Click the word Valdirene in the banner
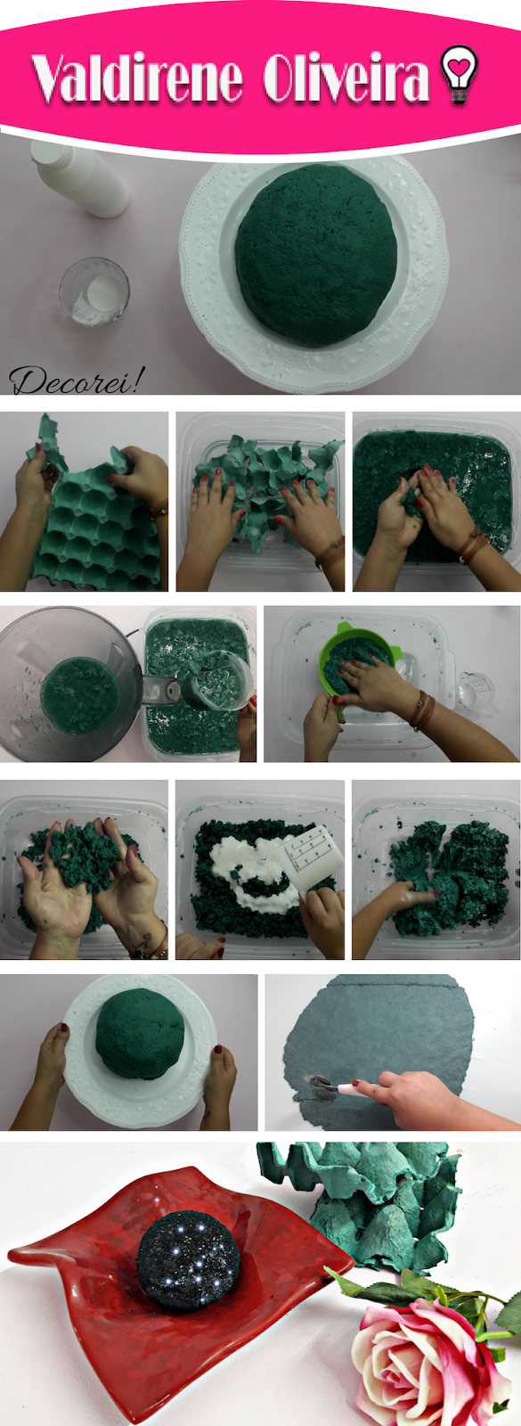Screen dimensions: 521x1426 pyautogui.click(x=138, y=79)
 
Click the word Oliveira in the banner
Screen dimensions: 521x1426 pyautogui.click(x=346, y=79)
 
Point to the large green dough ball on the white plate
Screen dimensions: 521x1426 pyautogui.click(x=316, y=255)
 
